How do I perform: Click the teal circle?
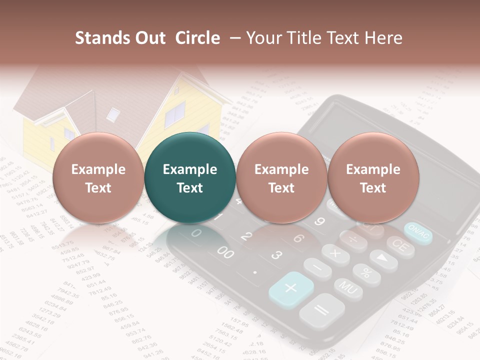click(x=189, y=178)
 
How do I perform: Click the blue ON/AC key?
click(x=418, y=233)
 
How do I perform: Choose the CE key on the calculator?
click(x=400, y=246)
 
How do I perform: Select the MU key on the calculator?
click(x=348, y=287)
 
